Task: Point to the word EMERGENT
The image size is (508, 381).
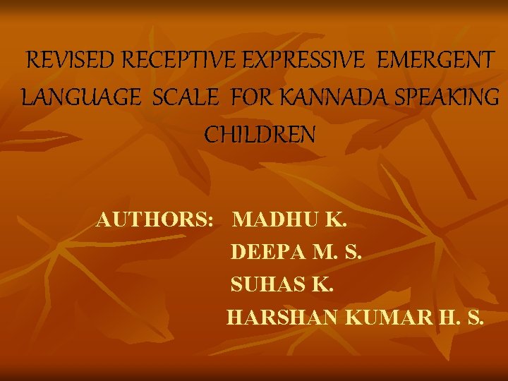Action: tap(436, 61)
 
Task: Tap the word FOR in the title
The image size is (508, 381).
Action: tap(251, 97)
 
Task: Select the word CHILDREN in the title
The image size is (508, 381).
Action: tap(260, 134)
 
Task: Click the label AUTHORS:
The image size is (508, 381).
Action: tap(155, 220)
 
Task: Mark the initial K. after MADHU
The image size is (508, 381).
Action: tap(336, 220)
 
